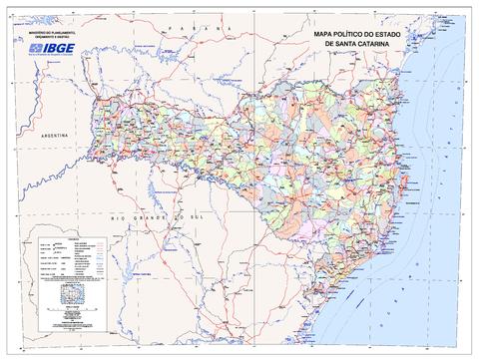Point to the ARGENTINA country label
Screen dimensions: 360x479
click(x=48, y=133)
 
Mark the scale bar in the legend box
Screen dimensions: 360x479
click(x=70, y=296)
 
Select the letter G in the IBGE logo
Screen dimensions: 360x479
click(x=70, y=47)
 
